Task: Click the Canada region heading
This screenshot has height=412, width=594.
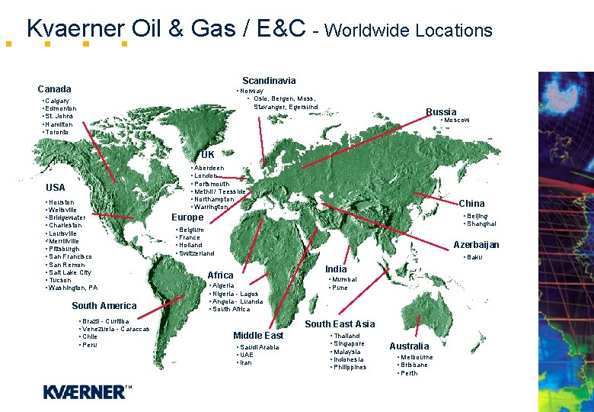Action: (54, 89)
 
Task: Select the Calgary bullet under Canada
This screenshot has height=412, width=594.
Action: (57, 101)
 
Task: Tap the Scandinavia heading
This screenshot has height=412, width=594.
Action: (269, 80)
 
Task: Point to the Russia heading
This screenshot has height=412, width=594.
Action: (441, 112)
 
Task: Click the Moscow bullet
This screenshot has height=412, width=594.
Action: (457, 121)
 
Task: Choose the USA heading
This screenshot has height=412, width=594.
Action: (56, 188)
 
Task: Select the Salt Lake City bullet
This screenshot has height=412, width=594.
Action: (69, 272)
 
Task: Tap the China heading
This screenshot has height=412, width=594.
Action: (471, 204)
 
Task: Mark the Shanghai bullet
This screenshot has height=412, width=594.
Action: (481, 224)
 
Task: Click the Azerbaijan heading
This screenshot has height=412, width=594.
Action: (476, 245)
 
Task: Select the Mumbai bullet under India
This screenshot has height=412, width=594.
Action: (344, 280)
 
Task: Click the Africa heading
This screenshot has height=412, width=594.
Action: (221, 275)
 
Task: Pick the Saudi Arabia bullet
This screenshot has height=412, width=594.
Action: (259, 348)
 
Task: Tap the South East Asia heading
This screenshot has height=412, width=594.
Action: (340, 324)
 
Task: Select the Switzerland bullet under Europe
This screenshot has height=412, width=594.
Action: (196, 253)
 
